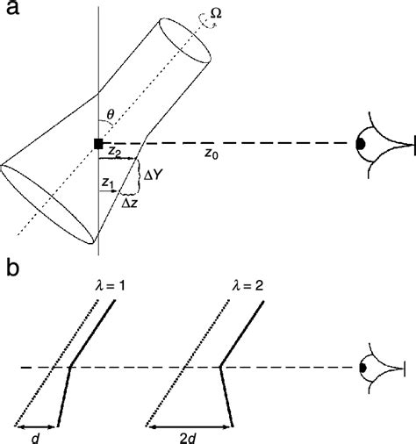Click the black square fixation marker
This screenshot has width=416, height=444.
pos(98,143)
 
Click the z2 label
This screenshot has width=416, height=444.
pos(114,153)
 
